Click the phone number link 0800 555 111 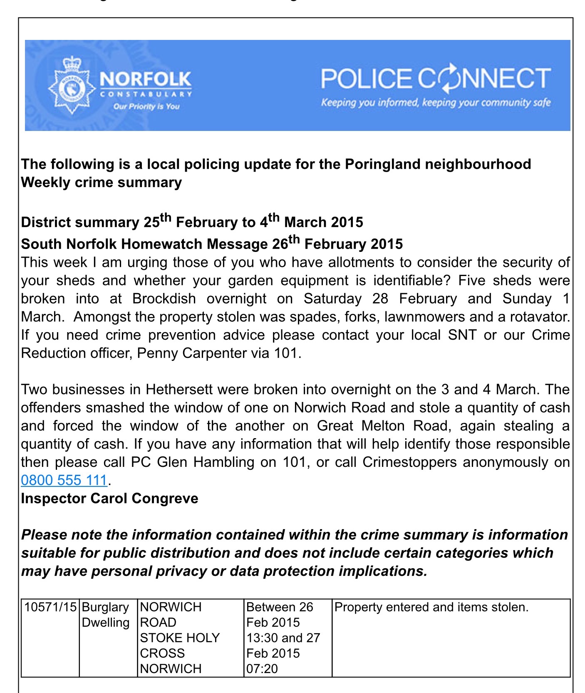[x=64, y=480]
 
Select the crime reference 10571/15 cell [x=50, y=607]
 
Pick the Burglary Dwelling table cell [x=106, y=615]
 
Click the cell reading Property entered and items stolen [x=431, y=607]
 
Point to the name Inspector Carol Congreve [x=109, y=498]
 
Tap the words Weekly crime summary [x=101, y=182]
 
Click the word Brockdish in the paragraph [x=164, y=299]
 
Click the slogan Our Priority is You [x=146, y=106]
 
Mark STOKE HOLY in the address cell [x=179, y=638]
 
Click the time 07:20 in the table [x=262, y=668]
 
